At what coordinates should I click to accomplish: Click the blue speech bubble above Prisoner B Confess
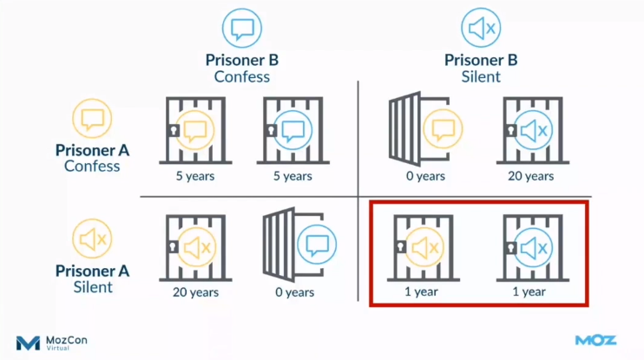pyautogui.click(x=241, y=29)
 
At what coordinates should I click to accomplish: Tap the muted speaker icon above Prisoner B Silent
pyautogui.click(x=481, y=29)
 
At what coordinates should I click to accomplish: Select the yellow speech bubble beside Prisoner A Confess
pyautogui.click(x=93, y=118)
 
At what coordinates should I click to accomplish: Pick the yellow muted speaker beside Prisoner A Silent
pyautogui.click(x=93, y=239)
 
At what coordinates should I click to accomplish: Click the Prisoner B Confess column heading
pyautogui.click(x=241, y=68)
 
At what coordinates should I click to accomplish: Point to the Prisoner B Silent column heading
pyautogui.click(x=481, y=68)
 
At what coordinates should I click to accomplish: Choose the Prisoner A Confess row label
pyautogui.click(x=92, y=157)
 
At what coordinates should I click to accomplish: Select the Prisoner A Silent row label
pyautogui.click(x=92, y=278)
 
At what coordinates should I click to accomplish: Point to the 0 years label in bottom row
pyautogui.click(x=294, y=292)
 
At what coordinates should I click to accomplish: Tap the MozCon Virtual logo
pyautogui.click(x=52, y=342)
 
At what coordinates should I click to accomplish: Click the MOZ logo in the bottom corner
pyautogui.click(x=595, y=341)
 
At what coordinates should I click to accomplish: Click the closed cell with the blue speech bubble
pyautogui.click(x=292, y=131)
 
